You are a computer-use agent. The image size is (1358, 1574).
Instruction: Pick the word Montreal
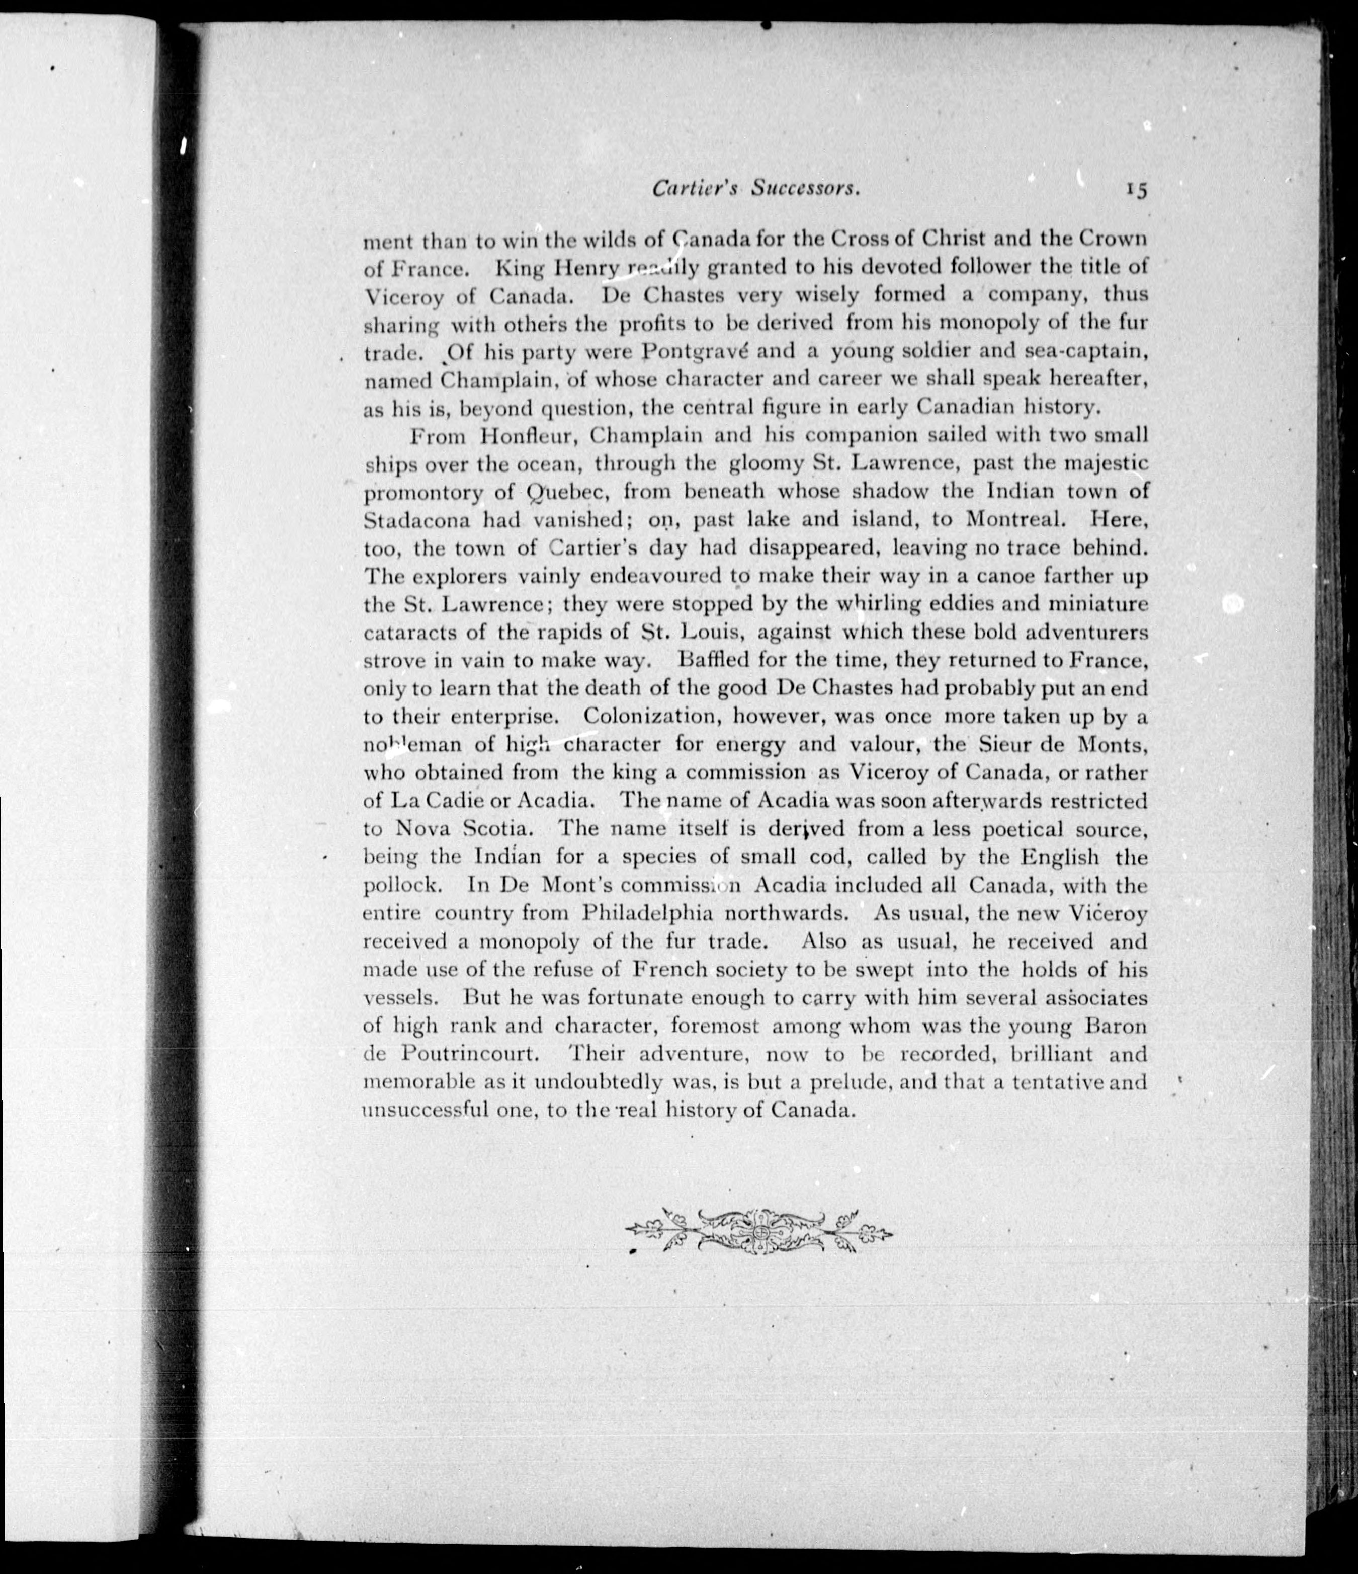(x=1014, y=520)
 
